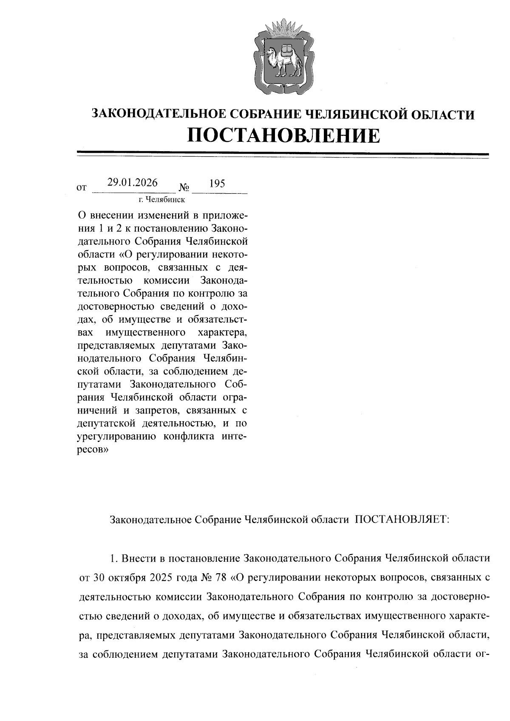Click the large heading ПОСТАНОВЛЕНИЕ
pos(283,135)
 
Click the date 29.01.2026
pos(132,183)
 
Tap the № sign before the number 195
pos(184,187)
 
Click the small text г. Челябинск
pos(161,199)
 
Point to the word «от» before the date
pos(82,187)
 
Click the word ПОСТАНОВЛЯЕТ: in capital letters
pos(402,520)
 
